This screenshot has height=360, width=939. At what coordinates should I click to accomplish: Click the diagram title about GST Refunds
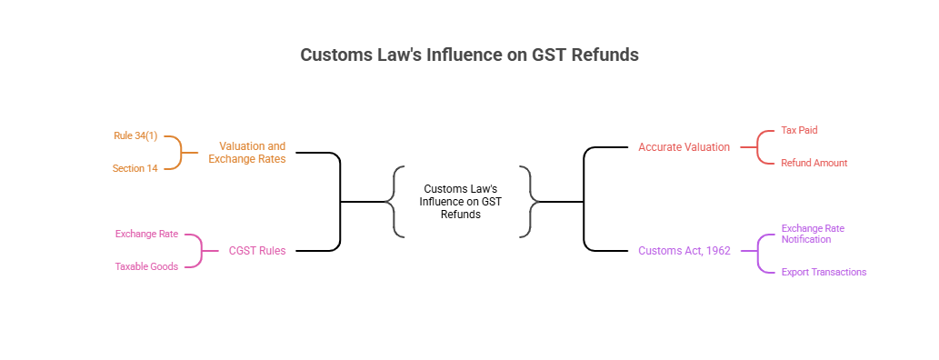[469, 55]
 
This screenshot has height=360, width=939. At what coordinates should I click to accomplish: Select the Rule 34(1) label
[135, 135]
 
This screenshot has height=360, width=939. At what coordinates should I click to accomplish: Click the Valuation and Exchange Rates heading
[246, 152]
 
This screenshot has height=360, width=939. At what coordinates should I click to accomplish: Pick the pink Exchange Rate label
[146, 234]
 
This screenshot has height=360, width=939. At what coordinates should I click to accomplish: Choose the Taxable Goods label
[146, 266]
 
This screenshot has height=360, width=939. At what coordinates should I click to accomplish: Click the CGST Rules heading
[257, 250]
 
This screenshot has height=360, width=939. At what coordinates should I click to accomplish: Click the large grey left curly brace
[394, 201]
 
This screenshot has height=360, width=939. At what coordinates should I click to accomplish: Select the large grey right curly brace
[530, 201]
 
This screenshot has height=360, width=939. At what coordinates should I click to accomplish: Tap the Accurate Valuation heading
[684, 146]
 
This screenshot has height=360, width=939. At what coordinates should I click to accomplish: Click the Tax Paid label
[800, 130]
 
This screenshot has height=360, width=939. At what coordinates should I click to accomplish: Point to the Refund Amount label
[814, 163]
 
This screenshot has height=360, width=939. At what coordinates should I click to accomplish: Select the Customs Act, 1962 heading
[684, 250]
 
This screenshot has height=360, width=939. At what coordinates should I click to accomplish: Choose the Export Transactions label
[824, 272]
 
